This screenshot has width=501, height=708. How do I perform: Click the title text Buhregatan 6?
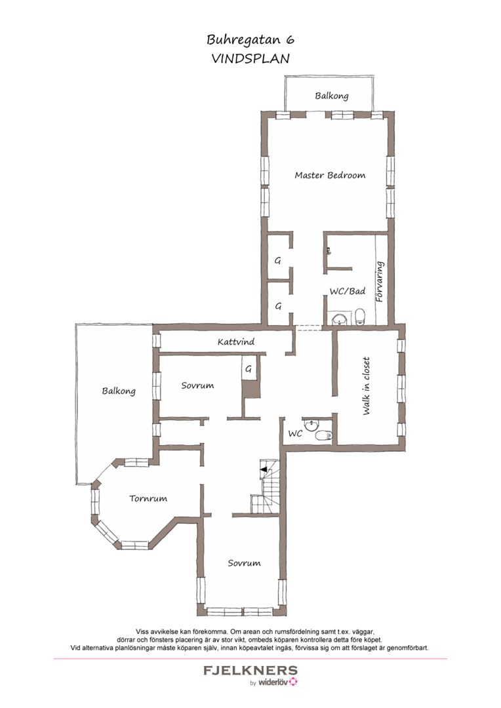pyautogui.click(x=250, y=40)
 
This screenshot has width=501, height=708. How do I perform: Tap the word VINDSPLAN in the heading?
pyautogui.click(x=250, y=59)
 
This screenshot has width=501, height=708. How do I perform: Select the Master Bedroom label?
pyautogui.click(x=330, y=175)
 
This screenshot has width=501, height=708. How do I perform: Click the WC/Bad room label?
pyautogui.click(x=347, y=291)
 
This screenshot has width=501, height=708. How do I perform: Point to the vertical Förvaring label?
pyautogui.click(x=380, y=282)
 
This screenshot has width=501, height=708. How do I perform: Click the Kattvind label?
pyautogui.click(x=236, y=342)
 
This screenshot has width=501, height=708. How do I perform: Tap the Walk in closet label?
pyautogui.click(x=366, y=386)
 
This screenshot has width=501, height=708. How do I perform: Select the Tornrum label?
pyautogui.click(x=148, y=498)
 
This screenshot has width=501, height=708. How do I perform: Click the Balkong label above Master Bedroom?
pyautogui.click(x=332, y=96)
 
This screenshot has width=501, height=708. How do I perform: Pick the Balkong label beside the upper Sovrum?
pyautogui.click(x=118, y=391)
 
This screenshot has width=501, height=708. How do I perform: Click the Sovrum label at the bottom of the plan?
pyautogui.click(x=244, y=563)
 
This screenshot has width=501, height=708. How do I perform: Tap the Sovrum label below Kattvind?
pyautogui.click(x=197, y=385)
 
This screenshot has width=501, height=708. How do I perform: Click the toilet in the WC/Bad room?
pyautogui.click(x=360, y=317)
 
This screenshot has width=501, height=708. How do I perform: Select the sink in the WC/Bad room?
pyautogui.click(x=339, y=319)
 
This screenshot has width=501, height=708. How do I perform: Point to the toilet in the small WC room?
pyautogui.click(x=323, y=435)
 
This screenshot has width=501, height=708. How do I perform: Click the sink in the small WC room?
pyautogui.click(x=311, y=425)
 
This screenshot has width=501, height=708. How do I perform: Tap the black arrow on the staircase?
pyautogui.click(x=264, y=469)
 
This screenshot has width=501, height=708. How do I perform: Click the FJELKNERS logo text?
pyautogui.click(x=250, y=671)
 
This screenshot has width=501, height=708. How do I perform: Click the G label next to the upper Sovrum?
pyautogui.click(x=248, y=369)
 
